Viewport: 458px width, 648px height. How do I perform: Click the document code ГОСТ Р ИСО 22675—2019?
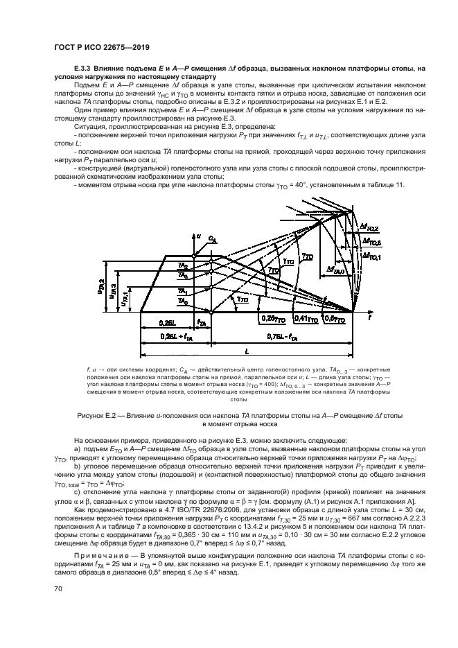102,48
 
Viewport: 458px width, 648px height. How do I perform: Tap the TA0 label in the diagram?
182,302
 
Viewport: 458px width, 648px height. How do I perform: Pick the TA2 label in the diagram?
182,266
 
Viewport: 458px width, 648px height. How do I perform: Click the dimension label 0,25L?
166,322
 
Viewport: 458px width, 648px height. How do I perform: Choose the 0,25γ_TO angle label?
271,318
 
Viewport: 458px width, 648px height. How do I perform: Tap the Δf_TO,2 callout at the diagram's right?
371,227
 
